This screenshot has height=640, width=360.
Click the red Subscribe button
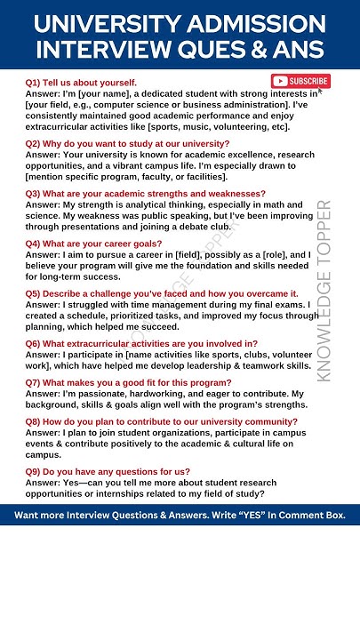(300, 81)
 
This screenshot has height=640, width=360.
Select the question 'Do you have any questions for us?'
(116, 472)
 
